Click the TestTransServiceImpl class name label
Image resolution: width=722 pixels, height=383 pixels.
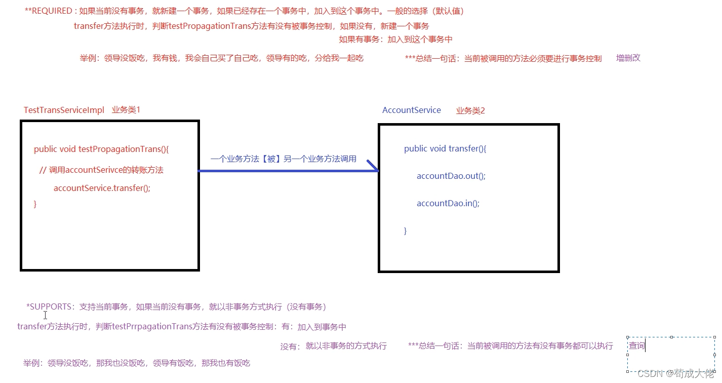click(64, 110)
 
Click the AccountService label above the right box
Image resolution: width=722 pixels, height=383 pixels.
click(411, 110)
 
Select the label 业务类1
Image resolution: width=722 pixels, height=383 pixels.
click(126, 110)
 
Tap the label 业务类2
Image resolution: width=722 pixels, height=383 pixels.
click(470, 110)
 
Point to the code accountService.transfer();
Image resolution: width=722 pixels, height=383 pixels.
click(102, 188)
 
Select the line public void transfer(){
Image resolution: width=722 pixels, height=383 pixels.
click(445, 148)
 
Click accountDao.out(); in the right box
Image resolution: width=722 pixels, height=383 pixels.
click(451, 176)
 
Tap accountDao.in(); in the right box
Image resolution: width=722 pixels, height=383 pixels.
click(448, 203)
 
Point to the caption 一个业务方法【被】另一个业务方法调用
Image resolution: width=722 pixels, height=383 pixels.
click(284, 159)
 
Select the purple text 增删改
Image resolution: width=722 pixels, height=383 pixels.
click(628, 58)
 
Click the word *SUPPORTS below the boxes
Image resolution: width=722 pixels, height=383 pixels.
click(49, 307)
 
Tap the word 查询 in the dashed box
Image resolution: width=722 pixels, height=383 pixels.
click(636, 346)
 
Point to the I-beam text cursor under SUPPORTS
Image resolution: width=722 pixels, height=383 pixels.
click(45, 315)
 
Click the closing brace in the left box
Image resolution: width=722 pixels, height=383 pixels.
click(35, 204)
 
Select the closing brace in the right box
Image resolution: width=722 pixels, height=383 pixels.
click(406, 231)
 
